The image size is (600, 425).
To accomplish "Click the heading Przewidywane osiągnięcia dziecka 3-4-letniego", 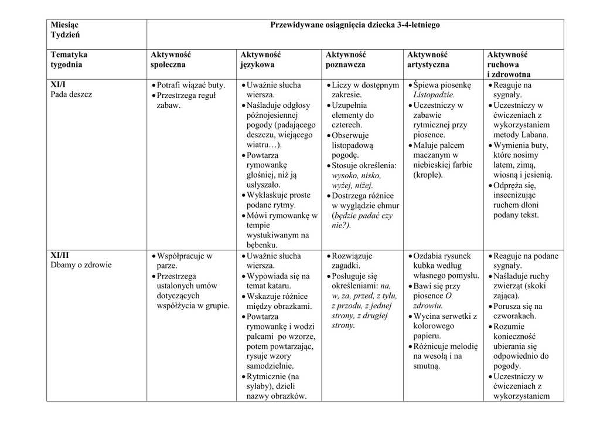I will point(354,25).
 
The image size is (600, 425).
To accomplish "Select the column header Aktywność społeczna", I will point(171,59).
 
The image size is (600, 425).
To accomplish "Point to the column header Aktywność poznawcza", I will point(345,59).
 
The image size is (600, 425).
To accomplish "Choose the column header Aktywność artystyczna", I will point(428,59).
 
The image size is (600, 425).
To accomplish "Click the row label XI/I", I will point(59,85).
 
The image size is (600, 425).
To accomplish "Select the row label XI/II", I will point(60,256).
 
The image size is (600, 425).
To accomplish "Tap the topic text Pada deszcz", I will point(71,94).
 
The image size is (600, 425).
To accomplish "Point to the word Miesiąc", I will point(64,25).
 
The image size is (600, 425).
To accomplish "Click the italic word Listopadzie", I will point(434,95).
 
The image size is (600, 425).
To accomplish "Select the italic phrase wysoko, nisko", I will point(356,175).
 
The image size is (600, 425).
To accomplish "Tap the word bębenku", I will point(262,245).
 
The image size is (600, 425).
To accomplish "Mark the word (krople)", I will point(428,175).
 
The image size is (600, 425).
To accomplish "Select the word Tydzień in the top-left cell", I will point(64,35).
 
